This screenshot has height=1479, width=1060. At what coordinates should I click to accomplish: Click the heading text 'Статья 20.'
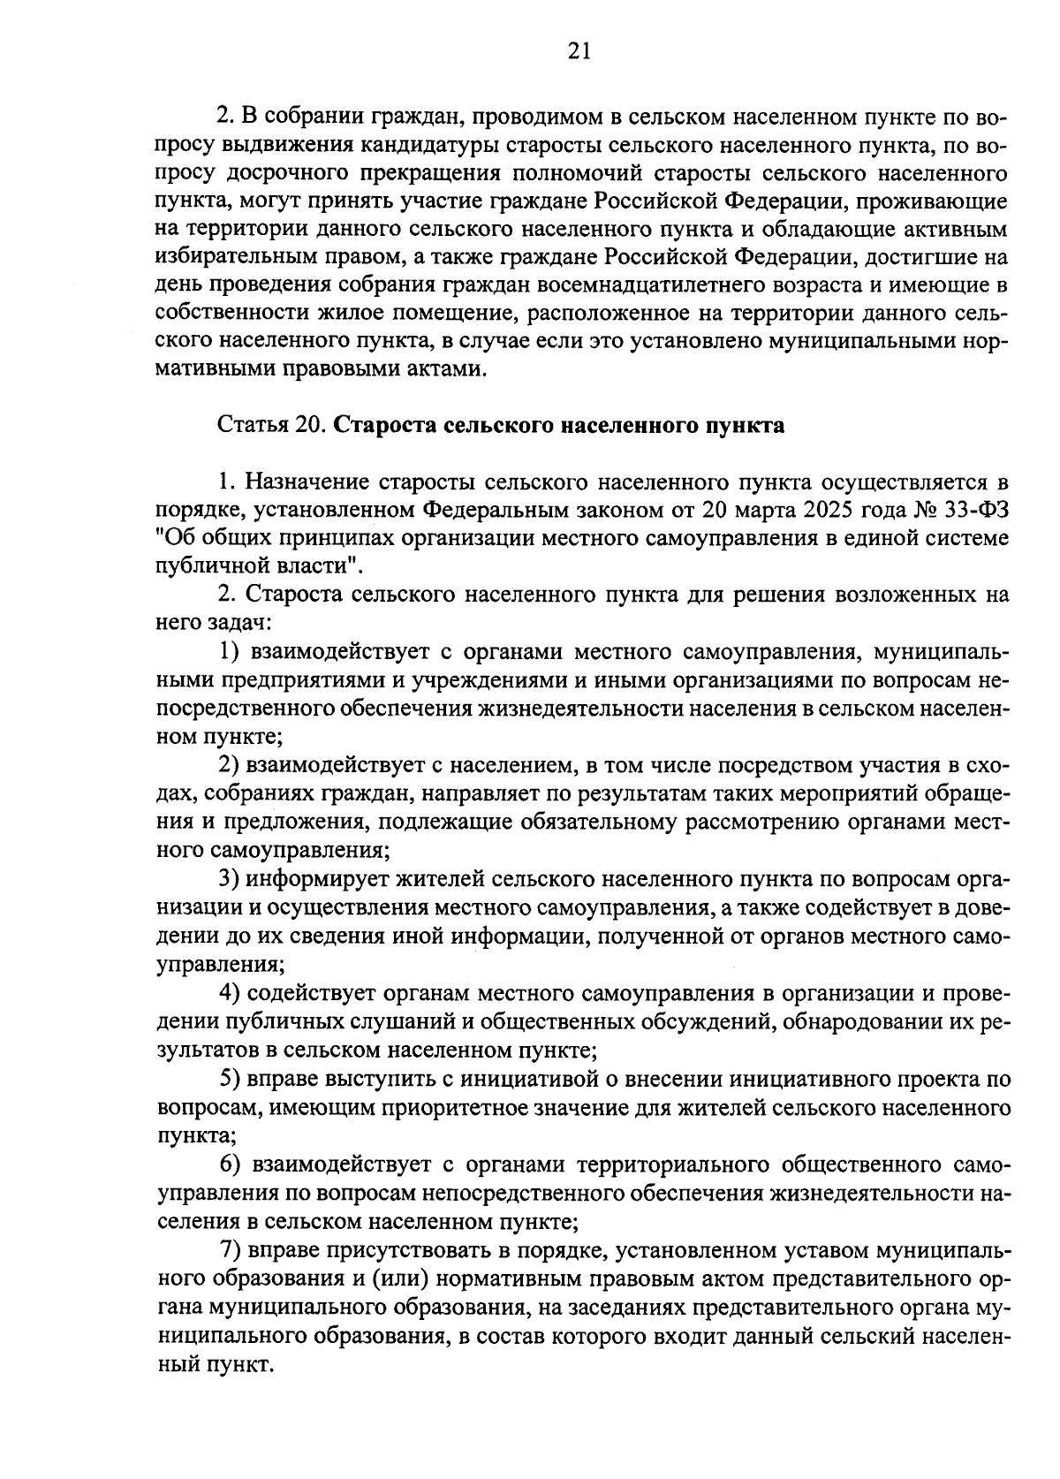273,425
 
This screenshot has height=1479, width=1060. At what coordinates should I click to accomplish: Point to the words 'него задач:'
211,624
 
